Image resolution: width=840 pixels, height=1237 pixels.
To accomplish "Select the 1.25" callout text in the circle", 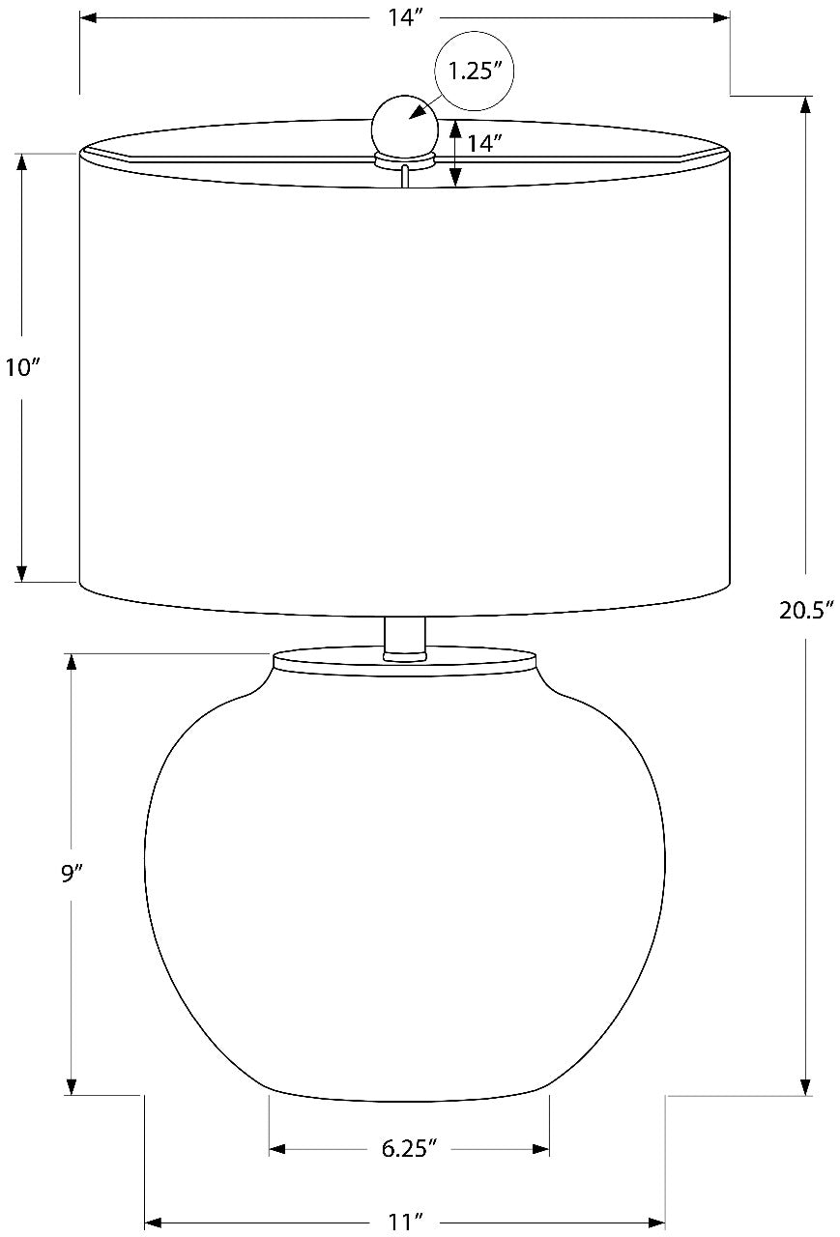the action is (x=475, y=72).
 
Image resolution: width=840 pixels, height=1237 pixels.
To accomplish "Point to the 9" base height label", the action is (x=72, y=875).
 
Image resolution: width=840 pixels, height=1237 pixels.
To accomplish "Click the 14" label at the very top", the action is (x=405, y=17).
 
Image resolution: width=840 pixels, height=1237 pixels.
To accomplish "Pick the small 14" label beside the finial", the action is (x=484, y=144).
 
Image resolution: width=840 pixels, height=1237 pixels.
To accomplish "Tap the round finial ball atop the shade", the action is (x=405, y=126).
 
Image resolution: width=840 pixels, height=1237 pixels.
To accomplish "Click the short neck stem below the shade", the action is (x=405, y=639).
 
